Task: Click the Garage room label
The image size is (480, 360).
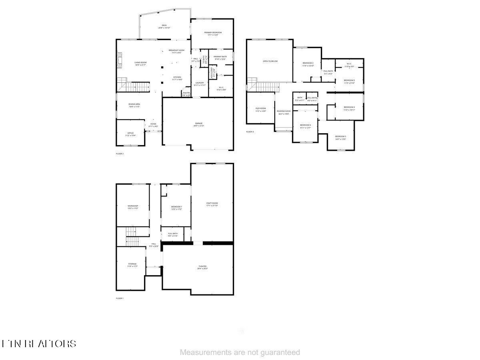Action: pyautogui.click(x=199, y=123)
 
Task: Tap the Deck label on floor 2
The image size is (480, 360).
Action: pyautogui.click(x=164, y=25)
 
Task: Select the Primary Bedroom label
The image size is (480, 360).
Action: pyautogui.click(x=212, y=32)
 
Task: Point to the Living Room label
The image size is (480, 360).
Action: pyautogui.click(x=140, y=62)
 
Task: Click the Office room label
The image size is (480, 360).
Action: pyautogui.click(x=130, y=133)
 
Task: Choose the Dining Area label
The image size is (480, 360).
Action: pyautogui.click(x=134, y=104)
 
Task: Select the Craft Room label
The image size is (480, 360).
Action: pyautogui.click(x=212, y=203)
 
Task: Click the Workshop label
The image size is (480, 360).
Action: pyautogui.click(x=133, y=206)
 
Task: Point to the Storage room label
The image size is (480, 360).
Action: pyautogui.click(x=132, y=264)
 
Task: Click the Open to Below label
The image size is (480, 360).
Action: pyautogui.click(x=270, y=61)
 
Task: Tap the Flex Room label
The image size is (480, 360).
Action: pyautogui.click(x=261, y=108)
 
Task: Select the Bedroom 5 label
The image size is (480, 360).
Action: pyautogui.click(x=340, y=136)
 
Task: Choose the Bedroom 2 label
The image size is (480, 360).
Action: pyautogui.click(x=308, y=63)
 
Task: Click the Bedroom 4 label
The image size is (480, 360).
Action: pyautogui.click(x=349, y=107)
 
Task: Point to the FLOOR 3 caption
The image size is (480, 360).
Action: pyautogui.click(x=250, y=132)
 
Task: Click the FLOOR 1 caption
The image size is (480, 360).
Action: pyautogui.click(x=120, y=298)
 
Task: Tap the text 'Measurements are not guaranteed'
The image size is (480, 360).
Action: pyautogui.click(x=240, y=352)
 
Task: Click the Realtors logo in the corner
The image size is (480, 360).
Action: pyautogui.click(x=39, y=344)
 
